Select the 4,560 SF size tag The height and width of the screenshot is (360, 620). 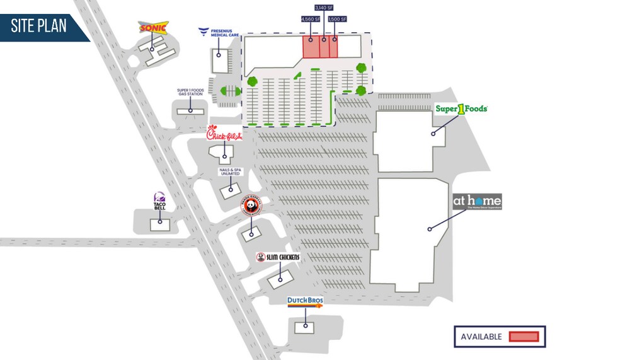click(309, 20)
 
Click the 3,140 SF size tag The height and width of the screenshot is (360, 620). click(324, 7)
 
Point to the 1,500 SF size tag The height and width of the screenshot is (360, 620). click(337, 20)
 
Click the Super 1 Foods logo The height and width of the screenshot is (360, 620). click(461, 108)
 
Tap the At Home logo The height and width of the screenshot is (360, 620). click(477, 202)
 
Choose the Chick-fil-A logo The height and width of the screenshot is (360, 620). click(224, 134)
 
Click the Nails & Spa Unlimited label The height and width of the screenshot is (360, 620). click(231, 172)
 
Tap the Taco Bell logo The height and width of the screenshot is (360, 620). click(159, 202)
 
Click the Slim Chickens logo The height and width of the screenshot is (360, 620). click(277, 257)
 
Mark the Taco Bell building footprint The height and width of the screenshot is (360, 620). click(159, 224)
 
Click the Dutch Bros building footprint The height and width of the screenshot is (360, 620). click(305, 327)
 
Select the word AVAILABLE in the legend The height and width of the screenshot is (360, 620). click(481, 337)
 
